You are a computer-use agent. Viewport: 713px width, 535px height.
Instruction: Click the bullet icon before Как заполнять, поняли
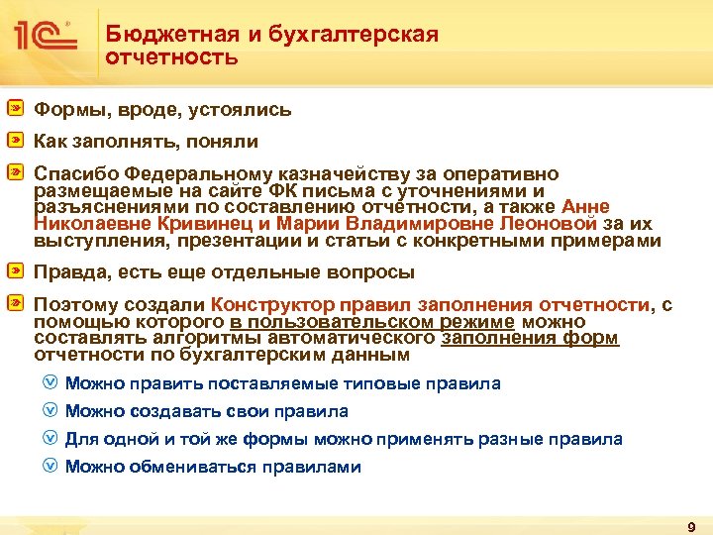(x=17, y=142)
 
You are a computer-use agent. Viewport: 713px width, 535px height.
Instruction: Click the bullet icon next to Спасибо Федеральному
(x=17, y=173)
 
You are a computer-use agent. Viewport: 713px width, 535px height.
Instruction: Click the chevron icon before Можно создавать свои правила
(x=51, y=410)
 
